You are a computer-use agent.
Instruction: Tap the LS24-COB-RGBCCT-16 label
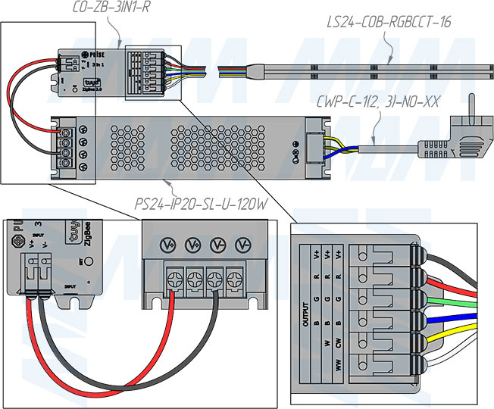pyautogui.click(x=395, y=22)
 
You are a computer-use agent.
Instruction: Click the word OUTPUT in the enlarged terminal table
pyautogui.click(x=308, y=311)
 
